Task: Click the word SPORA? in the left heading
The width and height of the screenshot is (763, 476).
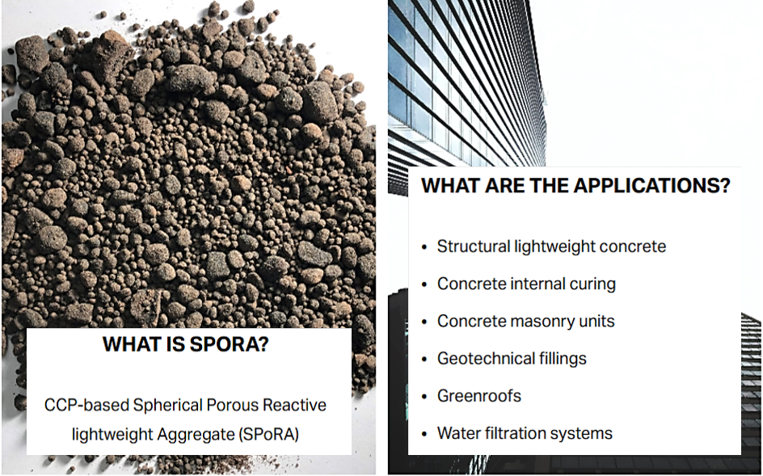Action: click(230, 344)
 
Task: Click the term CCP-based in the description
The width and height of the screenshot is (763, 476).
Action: click(86, 405)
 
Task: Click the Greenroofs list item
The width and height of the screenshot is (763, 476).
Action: click(478, 396)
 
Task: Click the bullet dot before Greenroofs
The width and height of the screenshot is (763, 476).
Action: click(424, 397)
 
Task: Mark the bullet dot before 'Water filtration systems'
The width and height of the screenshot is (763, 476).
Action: click(424, 434)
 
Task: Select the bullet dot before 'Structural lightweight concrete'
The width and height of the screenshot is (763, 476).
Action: click(424, 247)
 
